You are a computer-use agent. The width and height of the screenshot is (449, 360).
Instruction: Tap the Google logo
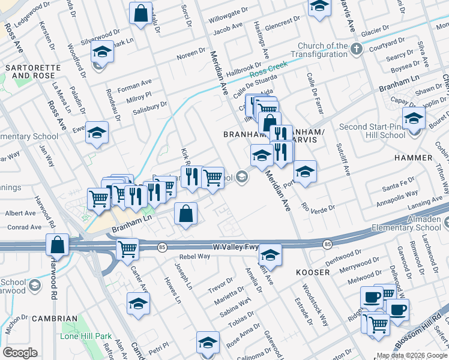click(20, 353)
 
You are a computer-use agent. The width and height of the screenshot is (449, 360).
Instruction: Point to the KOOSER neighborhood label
click(313, 272)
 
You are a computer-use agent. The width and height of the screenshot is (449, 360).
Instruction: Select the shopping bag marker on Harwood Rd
click(58, 245)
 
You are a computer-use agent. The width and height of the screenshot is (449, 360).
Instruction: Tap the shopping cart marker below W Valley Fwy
click(127, 249)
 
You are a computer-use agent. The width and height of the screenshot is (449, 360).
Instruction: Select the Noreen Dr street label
click(191, 55)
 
